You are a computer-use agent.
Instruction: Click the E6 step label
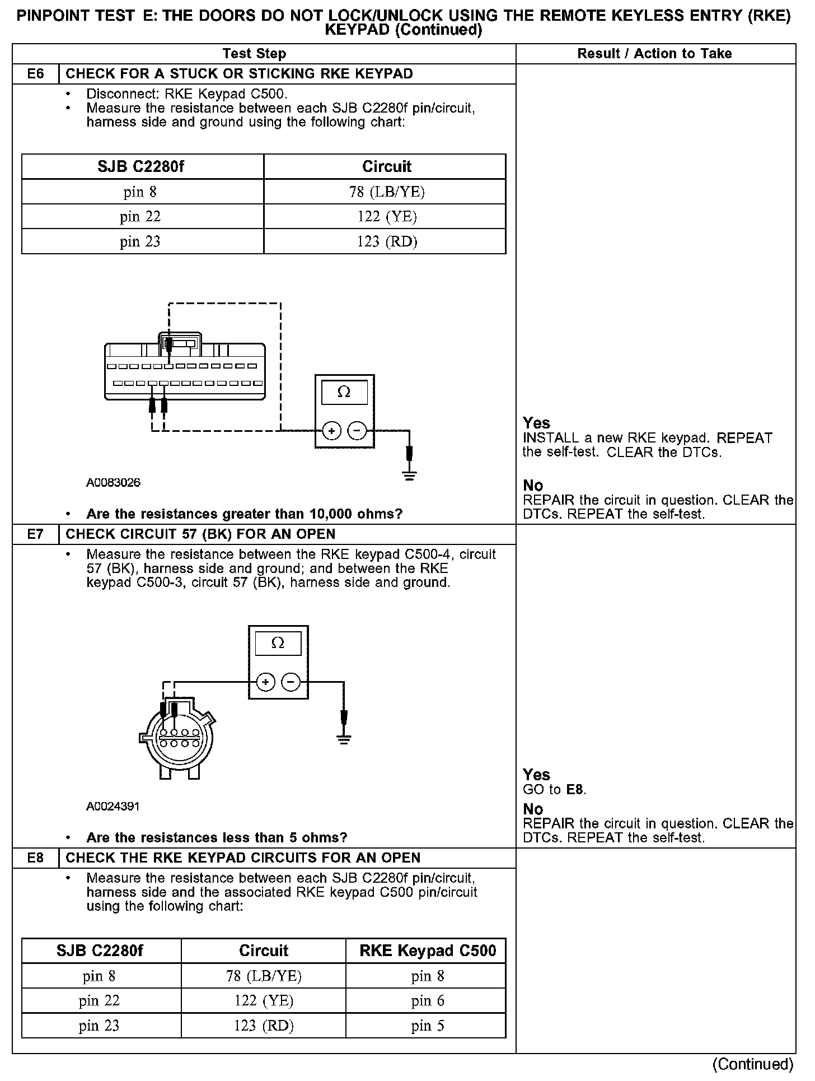pos(35,74)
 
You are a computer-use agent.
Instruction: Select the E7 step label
pos(35,534)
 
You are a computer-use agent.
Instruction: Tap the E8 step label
pos(35,858)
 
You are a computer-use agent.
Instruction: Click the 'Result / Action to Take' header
pos(654,54)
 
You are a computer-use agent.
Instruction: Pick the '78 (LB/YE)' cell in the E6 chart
pos(387,192)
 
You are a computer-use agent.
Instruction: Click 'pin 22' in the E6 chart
pos(140,217)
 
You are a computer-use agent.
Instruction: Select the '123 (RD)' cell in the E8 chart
pos(264,1026)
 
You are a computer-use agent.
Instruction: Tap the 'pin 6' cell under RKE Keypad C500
pos(428,1001)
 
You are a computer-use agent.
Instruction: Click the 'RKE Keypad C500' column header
pos(428,951)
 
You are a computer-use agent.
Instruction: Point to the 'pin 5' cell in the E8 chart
pos(428,1026)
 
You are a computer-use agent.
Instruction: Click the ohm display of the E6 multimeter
pos(344,393)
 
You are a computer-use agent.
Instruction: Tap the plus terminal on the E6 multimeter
pos(332,431)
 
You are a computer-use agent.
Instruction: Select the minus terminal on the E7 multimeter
pos(291,682)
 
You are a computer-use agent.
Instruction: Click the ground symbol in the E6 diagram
pos(410,476)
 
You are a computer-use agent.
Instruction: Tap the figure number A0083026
pos(113,482)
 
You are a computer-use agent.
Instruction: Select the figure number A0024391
pos(113,806)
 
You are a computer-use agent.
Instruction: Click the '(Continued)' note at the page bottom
pos(753,1064)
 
